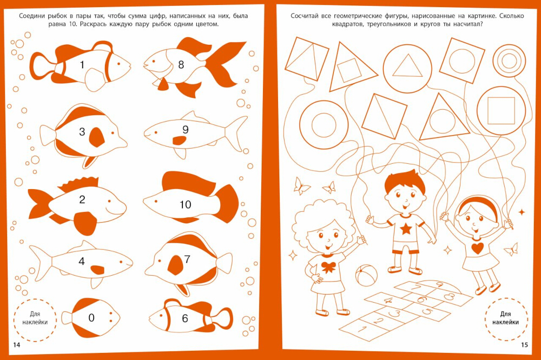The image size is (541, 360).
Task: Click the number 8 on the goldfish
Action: [181, 64]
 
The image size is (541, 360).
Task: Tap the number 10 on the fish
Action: [185, 204]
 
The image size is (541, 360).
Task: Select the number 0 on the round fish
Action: [91, 318]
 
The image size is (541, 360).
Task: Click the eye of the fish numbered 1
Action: [118, 63]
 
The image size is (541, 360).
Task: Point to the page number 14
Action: [17, 345]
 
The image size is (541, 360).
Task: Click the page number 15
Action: [524, 345]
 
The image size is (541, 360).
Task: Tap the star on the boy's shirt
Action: [406, 228]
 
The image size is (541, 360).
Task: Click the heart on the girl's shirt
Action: [478, 248]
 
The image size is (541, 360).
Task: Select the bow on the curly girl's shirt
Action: [328, 266]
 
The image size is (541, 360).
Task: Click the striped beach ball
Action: [366, 275]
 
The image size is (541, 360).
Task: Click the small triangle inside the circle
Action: [407, 65]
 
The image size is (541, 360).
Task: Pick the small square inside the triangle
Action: [349, 70]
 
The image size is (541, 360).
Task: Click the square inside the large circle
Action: [502, 110]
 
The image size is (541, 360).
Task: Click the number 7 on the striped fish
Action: [187, 259]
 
